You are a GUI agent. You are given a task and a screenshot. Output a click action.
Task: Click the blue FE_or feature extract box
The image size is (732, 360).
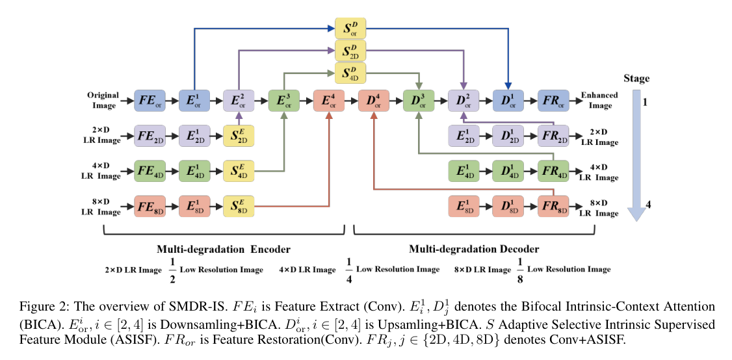pos(150,100)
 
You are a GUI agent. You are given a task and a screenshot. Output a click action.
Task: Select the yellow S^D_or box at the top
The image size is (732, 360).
pos(350,29)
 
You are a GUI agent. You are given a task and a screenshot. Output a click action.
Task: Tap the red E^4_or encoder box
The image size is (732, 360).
pos(329,100)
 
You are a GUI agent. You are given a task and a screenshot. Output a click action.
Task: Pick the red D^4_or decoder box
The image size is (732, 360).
pos(373,100)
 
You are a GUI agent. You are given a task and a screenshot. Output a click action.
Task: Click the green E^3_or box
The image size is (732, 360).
pos(284,100)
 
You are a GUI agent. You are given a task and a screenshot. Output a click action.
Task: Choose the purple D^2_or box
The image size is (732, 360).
pos(464,100)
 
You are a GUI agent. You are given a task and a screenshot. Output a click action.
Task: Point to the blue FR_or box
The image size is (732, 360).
pos(554,100)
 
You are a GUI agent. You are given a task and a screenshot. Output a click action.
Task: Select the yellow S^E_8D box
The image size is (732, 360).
pos(239,206)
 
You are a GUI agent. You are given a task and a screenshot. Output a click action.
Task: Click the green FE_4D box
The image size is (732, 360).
pos(150,171)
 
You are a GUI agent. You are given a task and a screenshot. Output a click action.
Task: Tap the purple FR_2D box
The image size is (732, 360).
pos(554,136)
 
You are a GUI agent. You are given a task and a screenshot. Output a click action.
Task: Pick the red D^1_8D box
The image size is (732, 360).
pos(508,206)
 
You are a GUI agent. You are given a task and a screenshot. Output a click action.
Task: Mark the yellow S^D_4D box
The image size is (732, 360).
pos(350,73)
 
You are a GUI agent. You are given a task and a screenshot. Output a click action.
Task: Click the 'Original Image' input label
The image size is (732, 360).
pos(103,100)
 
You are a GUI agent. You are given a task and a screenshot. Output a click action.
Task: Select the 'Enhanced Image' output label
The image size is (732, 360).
pos(600,100)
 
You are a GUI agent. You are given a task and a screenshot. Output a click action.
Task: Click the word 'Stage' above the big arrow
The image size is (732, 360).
pos(636,79)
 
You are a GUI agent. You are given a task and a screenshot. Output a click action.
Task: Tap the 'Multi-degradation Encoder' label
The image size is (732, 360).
pos(223,250)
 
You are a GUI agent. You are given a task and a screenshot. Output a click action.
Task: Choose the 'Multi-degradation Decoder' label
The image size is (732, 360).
pos(474,250)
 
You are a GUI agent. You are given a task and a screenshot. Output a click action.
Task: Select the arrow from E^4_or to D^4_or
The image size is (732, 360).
pos(351,100)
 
